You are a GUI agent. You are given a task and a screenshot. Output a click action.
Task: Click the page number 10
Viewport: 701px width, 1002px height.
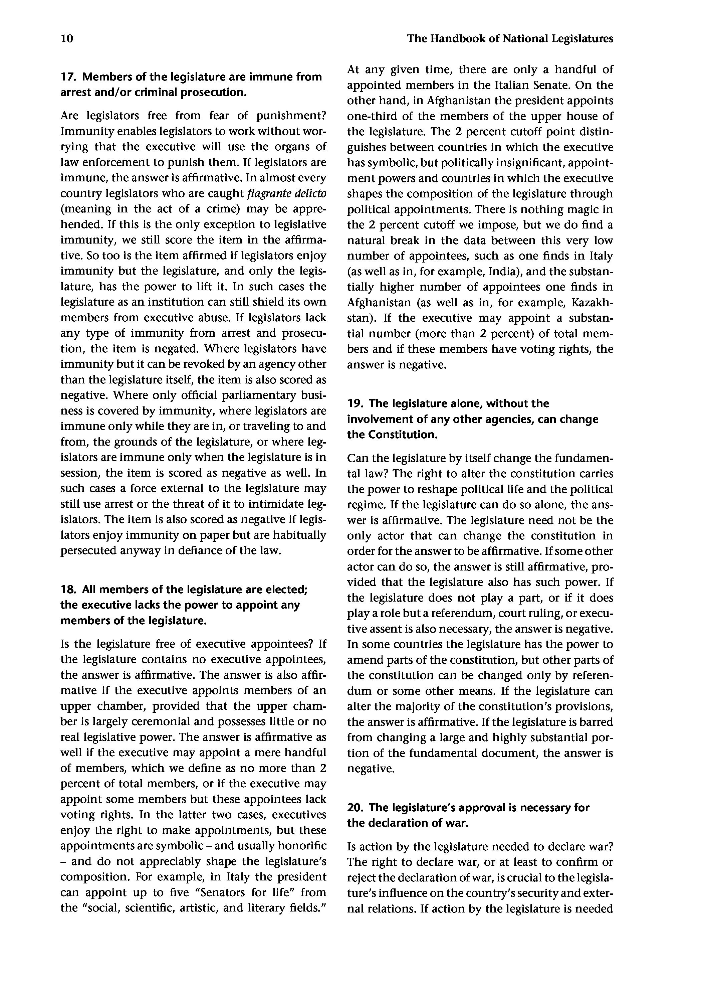coord(67,39)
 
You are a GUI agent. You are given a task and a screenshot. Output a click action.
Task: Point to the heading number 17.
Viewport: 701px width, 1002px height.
coord(68,77)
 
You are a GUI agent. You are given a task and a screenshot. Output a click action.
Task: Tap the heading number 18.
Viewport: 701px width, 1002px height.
coord(68,590)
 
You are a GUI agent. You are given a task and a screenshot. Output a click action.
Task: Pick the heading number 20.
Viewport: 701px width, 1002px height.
coord(355,808)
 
